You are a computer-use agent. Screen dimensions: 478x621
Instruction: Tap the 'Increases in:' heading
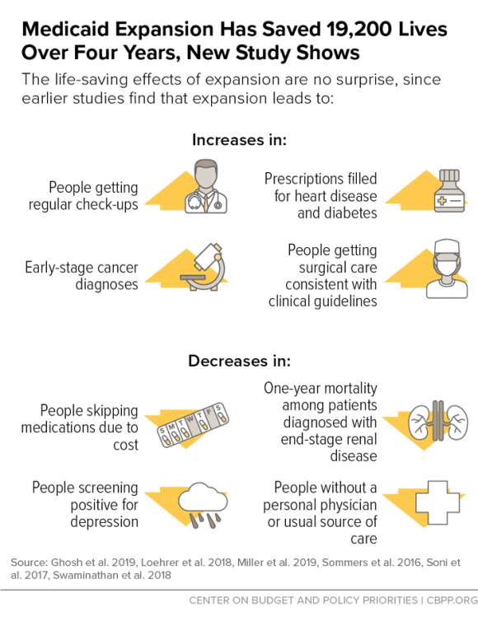(239, 140)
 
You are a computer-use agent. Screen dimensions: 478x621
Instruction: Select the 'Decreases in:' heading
(239, 361)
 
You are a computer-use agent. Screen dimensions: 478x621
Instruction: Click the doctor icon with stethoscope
(206, 186)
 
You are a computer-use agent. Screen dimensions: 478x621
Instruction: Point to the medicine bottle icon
(449, 190)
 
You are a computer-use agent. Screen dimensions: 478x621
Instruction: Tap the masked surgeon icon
(447, 268)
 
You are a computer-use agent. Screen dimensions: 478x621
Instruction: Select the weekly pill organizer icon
(194, 425)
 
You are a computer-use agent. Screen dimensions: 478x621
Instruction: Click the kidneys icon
(438, 423)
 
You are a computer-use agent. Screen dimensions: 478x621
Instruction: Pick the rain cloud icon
(203, 505)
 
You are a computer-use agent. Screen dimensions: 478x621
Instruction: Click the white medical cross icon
(438, 503)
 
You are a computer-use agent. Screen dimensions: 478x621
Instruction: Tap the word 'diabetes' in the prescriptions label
(337, 213)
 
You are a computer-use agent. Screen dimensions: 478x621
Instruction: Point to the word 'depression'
(104, 521)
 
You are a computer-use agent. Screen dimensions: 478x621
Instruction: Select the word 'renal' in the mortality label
(361, 439)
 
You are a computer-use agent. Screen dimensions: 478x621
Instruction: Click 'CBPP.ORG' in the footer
(452, 600)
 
